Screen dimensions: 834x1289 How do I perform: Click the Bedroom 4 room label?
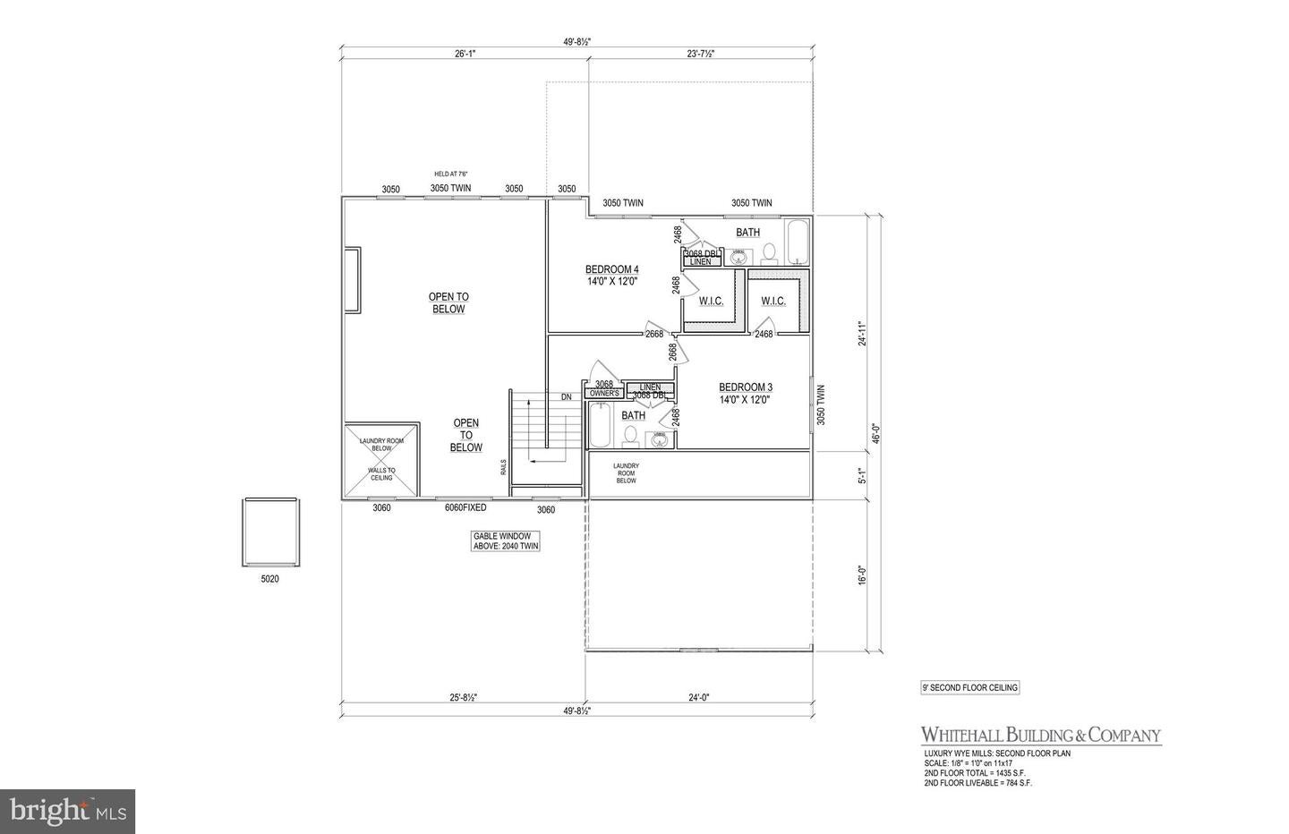[x=611, y=275]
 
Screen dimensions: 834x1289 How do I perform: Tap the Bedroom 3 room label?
[x=745, y=394]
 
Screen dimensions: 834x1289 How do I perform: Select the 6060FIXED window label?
[x=465, y=508]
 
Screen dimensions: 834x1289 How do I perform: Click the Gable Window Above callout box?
[x=507, y=541]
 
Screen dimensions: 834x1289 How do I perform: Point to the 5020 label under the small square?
[x=269, y=579]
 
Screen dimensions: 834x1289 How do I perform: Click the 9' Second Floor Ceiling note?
[x=970, y=688]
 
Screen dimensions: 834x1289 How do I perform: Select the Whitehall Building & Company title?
[x=1041, y=736]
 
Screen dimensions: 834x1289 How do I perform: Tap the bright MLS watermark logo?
[x=67, y=811]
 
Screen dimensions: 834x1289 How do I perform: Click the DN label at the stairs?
[x=566, y=397]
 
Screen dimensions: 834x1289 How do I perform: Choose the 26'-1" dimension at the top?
[x=465, y=54]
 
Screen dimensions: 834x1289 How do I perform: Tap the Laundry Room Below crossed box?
[x=382, y=458]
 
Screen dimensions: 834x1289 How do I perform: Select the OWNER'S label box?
[x=604, y=394]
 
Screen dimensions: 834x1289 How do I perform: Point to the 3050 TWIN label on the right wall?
[x=820, y=404]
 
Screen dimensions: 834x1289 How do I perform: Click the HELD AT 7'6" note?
[x=451, y=174]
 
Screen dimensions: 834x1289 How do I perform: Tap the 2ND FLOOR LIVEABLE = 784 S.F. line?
[x=980, y=783]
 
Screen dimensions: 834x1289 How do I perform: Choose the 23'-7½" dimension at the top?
[x=695, y=54]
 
